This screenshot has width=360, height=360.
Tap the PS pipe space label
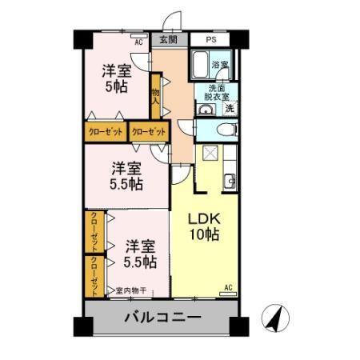pos(211,39)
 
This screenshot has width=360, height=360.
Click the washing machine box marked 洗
pos(230,108)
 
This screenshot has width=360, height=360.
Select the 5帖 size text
pos(117,85)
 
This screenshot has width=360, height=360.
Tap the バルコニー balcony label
pos(162,318)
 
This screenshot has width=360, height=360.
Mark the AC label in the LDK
pos(227,288)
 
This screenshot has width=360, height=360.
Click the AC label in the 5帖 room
pos(138,42)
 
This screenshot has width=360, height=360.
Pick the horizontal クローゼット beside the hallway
pos(150,132)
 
